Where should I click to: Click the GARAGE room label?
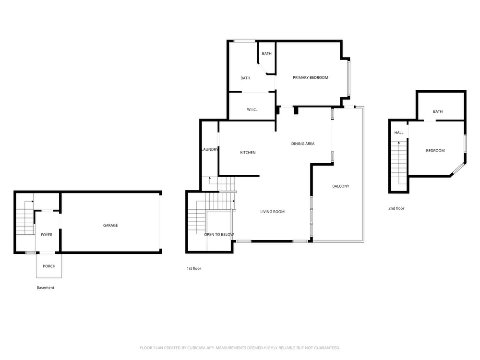pos(110,226)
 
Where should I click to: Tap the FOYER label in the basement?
pos(47,235)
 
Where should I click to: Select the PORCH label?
pos(49,266)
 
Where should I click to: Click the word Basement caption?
pos(45,288)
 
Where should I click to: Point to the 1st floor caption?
pos(194,268)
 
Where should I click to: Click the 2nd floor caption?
pos(396,208)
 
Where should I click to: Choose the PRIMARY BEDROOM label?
pos(310,78)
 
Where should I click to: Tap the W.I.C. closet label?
pos(252,110)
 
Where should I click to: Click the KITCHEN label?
pos(248,153)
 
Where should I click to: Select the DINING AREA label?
pos(303,144)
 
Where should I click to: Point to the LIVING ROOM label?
pos(272,212)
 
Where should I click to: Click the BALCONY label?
pos(341,186)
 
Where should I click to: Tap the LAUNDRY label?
pos(210,150)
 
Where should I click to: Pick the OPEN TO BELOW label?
pos(219,235)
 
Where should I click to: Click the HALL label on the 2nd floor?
pos(399,133)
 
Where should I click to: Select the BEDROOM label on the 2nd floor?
pos(435,151)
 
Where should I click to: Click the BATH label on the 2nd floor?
pos(438,112)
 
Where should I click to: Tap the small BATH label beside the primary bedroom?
pos(267,54)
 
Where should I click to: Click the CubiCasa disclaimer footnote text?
pos(240,348)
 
